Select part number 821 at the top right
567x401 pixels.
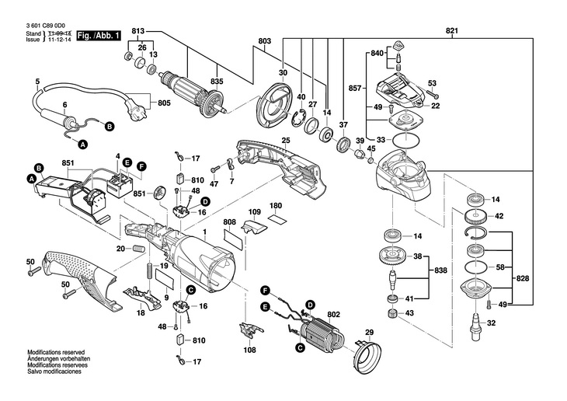pyautogui.click(x=451, y=30)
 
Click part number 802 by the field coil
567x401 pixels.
pyautogui.click(x=334, y=314)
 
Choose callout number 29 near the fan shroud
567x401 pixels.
pyautogui.click(x=370, y=333)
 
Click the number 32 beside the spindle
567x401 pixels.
pyautogui.click(x=490, y=323)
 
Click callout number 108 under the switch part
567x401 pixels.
pyautogui.click(x=250, y=350)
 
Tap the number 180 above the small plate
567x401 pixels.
pyautogui.click(x=276, y=206)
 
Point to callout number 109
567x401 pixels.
pyautogui.click(x=254, y=212)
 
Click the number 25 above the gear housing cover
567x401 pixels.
pyautogui.click(x=286, y=141)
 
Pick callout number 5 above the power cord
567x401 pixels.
pyautogui.click(x=37, y=82)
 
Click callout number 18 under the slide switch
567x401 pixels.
pyautogui.click(x=140, y=313)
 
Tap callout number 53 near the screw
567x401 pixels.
pyautogui.click(x=433, y=83)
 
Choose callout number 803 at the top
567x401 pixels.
pyautogui.click(x=264, y=40)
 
